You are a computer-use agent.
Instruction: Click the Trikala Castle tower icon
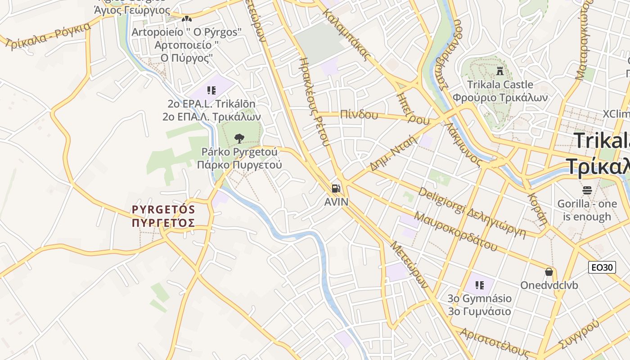click(x=499, y=71)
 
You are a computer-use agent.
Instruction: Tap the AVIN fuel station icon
click(x=336, y=189)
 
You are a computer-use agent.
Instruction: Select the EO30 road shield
click(x=602, y=267)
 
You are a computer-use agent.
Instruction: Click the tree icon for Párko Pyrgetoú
click(x=239, y=138)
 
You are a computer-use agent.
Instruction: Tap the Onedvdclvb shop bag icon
click(x=549, y=272)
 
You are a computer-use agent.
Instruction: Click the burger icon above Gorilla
click(x=587, y=190)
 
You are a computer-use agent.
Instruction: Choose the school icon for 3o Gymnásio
click(x=480, y=285)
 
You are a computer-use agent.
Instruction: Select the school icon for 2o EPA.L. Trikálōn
click(x=211, y=90)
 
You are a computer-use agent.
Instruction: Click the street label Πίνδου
click(x=359, y=114)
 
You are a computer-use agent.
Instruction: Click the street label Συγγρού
click(x=579, y=334)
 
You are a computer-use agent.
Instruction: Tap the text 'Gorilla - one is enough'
click(x=587, y=210)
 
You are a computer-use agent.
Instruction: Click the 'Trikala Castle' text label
click(x=500, y=85)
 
